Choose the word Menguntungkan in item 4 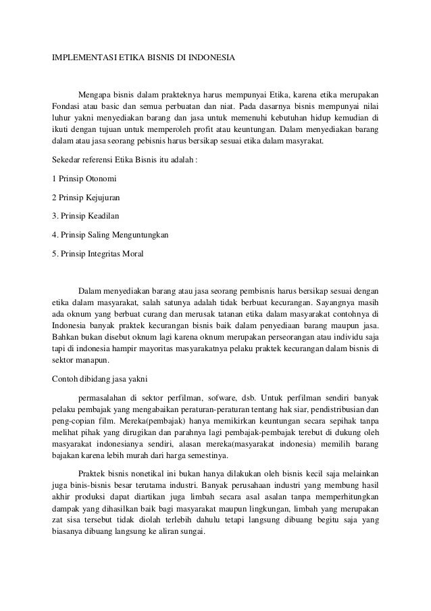coord(138,235)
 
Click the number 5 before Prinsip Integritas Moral coord(54,254)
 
